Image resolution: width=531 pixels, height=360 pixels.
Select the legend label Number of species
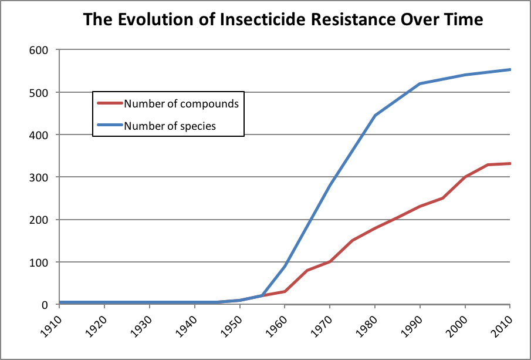click(170, 125)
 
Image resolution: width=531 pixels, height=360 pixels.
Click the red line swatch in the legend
click(110, 104)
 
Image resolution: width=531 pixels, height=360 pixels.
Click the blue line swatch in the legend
click(110, 125)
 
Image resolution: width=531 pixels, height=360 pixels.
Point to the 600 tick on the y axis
click(39, 50)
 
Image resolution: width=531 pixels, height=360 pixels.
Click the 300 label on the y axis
click(39, 177)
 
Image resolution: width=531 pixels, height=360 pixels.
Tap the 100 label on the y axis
click(39, 262)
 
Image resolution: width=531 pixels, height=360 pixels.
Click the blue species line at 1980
click(374, 115)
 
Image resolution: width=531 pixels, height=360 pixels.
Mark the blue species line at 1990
click(420, 84)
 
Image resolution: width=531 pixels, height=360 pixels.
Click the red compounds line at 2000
click(465, 177)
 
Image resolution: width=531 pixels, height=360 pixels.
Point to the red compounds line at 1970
click(330, 261)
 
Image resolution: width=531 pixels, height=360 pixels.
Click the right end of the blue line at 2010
click(509, 69)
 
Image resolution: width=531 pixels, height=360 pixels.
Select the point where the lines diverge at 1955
click(262, 295)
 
